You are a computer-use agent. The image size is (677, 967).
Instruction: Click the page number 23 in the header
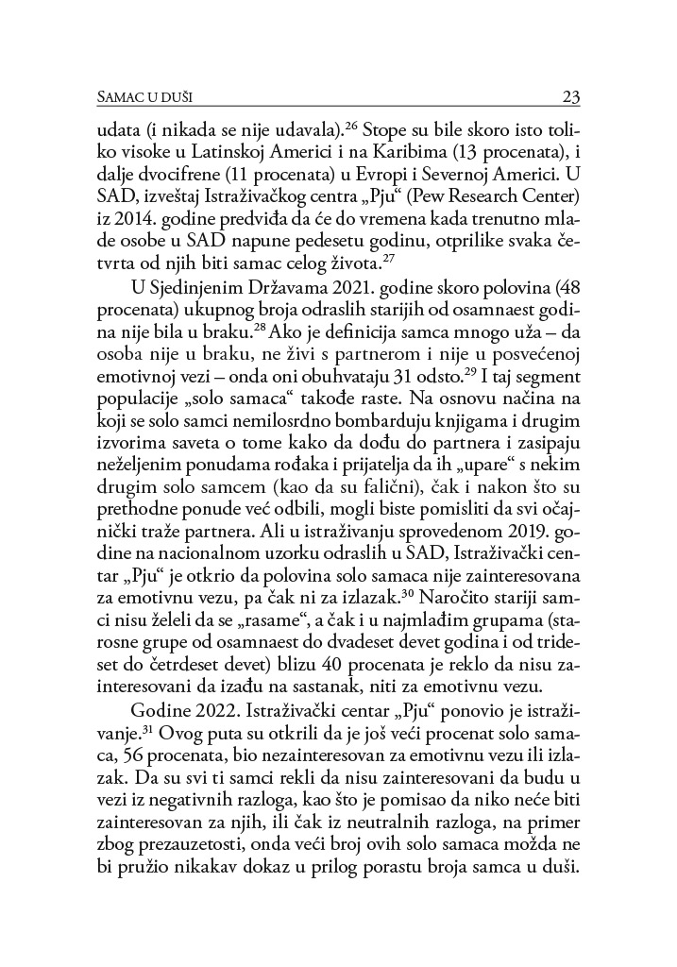coord(569,96)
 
